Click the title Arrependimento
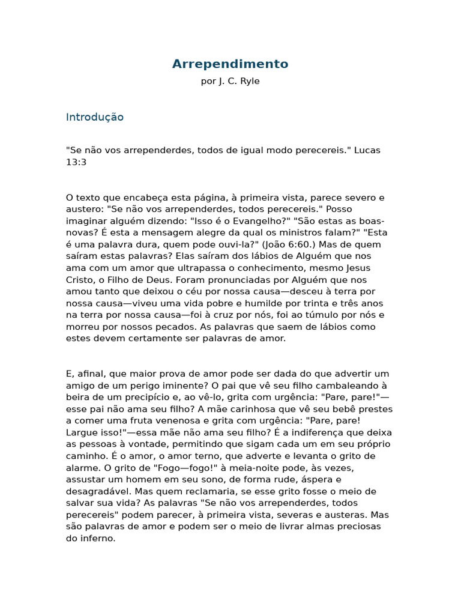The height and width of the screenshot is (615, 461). [230, 64]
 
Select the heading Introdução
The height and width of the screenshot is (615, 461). [95, 117]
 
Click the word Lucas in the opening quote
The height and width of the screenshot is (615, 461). [367, 150]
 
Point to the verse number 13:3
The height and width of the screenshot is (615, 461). [76, 162]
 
